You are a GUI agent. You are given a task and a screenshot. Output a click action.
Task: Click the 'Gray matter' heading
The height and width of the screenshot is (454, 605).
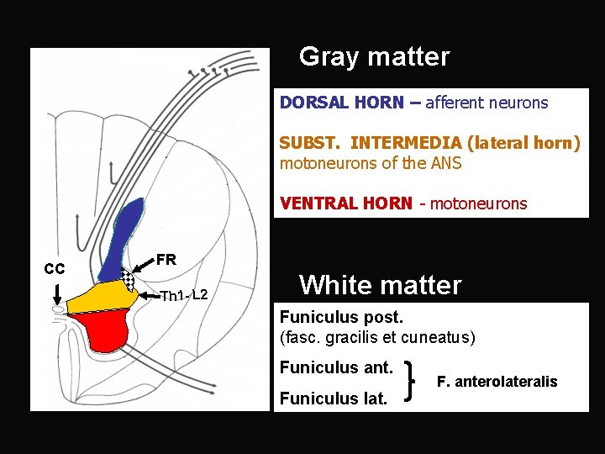374,57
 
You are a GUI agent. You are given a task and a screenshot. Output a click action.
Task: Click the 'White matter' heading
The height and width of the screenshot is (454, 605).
380,285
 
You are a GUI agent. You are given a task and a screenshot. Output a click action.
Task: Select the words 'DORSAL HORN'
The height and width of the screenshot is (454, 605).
341,103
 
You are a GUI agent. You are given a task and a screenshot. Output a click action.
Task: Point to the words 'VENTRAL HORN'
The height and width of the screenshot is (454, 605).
345,203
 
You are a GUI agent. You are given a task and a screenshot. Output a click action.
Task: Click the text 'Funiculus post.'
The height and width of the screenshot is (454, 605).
341,318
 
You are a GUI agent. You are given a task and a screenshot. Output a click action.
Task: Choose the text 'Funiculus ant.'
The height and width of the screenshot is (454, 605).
336,367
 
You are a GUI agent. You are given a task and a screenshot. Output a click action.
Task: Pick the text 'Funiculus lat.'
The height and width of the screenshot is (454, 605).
334,398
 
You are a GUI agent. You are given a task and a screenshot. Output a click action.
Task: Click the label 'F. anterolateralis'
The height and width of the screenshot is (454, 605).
497,382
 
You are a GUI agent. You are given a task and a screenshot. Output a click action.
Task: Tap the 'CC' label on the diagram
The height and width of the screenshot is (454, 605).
55,269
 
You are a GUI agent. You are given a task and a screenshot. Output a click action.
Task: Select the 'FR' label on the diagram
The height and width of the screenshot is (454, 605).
166,260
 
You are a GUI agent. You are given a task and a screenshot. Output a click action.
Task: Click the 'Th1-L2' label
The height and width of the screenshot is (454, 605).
184,295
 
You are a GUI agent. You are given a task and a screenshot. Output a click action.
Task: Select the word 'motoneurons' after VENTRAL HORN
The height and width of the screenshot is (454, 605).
478,203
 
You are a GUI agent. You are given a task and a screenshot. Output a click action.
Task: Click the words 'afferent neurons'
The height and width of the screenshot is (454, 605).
487,103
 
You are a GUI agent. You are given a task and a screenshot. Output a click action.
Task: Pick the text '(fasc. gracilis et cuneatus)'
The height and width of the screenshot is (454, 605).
377,338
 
